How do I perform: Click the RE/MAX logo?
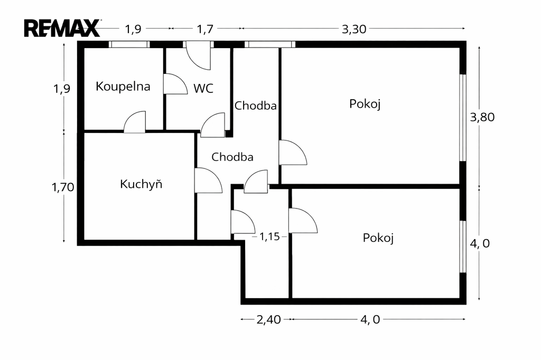pyautogui.click(x=62, y=28)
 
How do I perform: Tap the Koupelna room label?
pyautogui.click(x=123, y=87)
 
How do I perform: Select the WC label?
pyautogui.click(x=203, y=89)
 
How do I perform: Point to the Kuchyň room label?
pyautogui.click(x=141, y=184)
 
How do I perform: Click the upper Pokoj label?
pyautogui.click(x=365, y=103)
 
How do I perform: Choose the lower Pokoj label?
pyautogui.click(x=378, y=238)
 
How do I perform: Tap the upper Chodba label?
pyautogui.click(x=256, y=106)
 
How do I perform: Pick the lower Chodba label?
pyautogui.click(x=232, y=157)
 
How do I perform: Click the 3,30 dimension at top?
pyautogui.click(x=354, y=30)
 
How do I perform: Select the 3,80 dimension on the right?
pyautogui.click(x=482, y=117)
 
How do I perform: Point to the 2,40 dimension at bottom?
pyautogui.click(x=268, y=319)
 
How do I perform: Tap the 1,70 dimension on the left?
pyautogui.click(x=62, y=186)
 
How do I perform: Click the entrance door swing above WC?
pyautogui.click(x=199, y=56)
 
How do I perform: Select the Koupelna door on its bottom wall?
pyautogui.click(x=135, y=122)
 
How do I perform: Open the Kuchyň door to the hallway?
pyautogui.click(x=207, y=181)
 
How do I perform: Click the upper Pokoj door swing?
pyautogui.click(x=292, y=153)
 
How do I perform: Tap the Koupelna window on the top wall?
pyautogui.click(x=129, y=45)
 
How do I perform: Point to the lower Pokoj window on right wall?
pyautogui.click(x=462, y=247)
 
